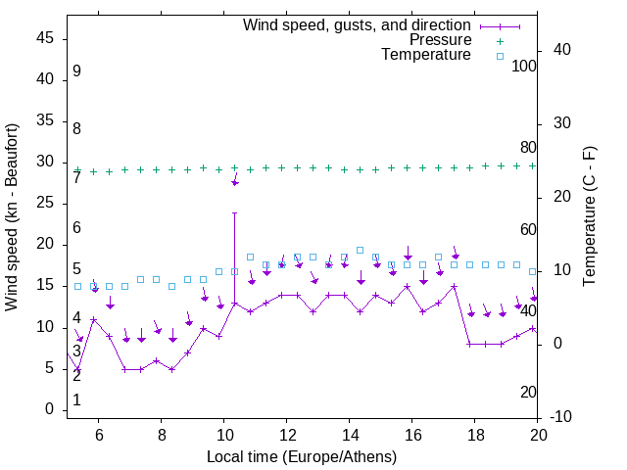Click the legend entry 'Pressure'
(442, 40)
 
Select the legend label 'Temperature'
(426, 55)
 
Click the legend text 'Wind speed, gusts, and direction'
(358, 24)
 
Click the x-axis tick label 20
(538, 435)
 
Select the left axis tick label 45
(46, 38)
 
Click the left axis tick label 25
(46, 203)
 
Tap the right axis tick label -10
(562, 417)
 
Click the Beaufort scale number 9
(76, 71)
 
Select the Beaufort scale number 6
(76, 227)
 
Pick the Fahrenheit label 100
(524, 66)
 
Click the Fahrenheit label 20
(528, 392)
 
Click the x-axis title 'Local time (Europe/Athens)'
(302, 456)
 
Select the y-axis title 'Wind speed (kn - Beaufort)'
(13, 217)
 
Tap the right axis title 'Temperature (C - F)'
(590, 217)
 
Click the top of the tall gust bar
(235, 212)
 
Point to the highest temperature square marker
(360, 250)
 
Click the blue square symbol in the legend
(499, 56)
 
